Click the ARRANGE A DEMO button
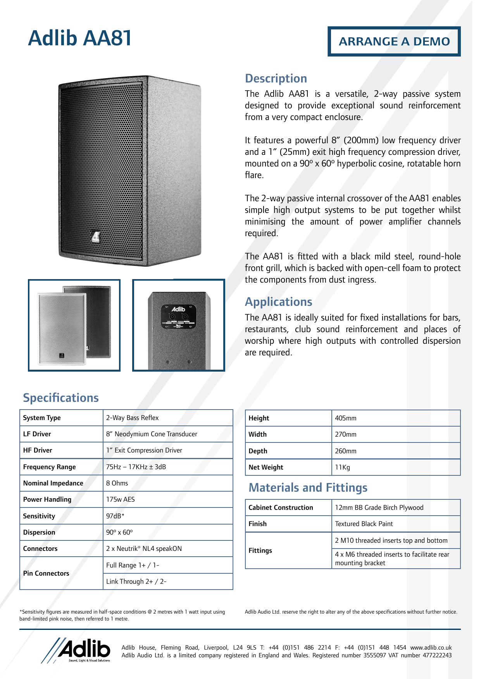click(394, 41)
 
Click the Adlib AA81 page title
click(80, 38)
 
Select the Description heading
click(276, 79)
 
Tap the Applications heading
click(278, 302)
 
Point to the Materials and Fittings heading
click(308, 488)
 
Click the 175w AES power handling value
click(121, 499)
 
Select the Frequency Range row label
click(50, 467)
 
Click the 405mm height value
click(346, 418)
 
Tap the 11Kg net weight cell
click(343, 467)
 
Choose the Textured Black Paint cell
click(364, 524)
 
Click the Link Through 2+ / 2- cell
click(136, 581)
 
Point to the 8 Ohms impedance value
click(117, 483)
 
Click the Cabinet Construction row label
click(281, 508)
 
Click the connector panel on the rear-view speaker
click(179, 317)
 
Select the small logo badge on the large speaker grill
click(95, 237)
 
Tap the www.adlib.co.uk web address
click(431, 647)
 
